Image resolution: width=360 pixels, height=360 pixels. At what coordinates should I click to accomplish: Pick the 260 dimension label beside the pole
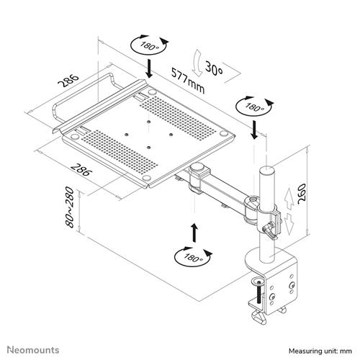310,191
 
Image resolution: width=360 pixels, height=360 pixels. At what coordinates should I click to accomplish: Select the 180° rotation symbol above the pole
253,107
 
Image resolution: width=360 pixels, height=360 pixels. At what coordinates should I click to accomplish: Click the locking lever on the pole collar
269,230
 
